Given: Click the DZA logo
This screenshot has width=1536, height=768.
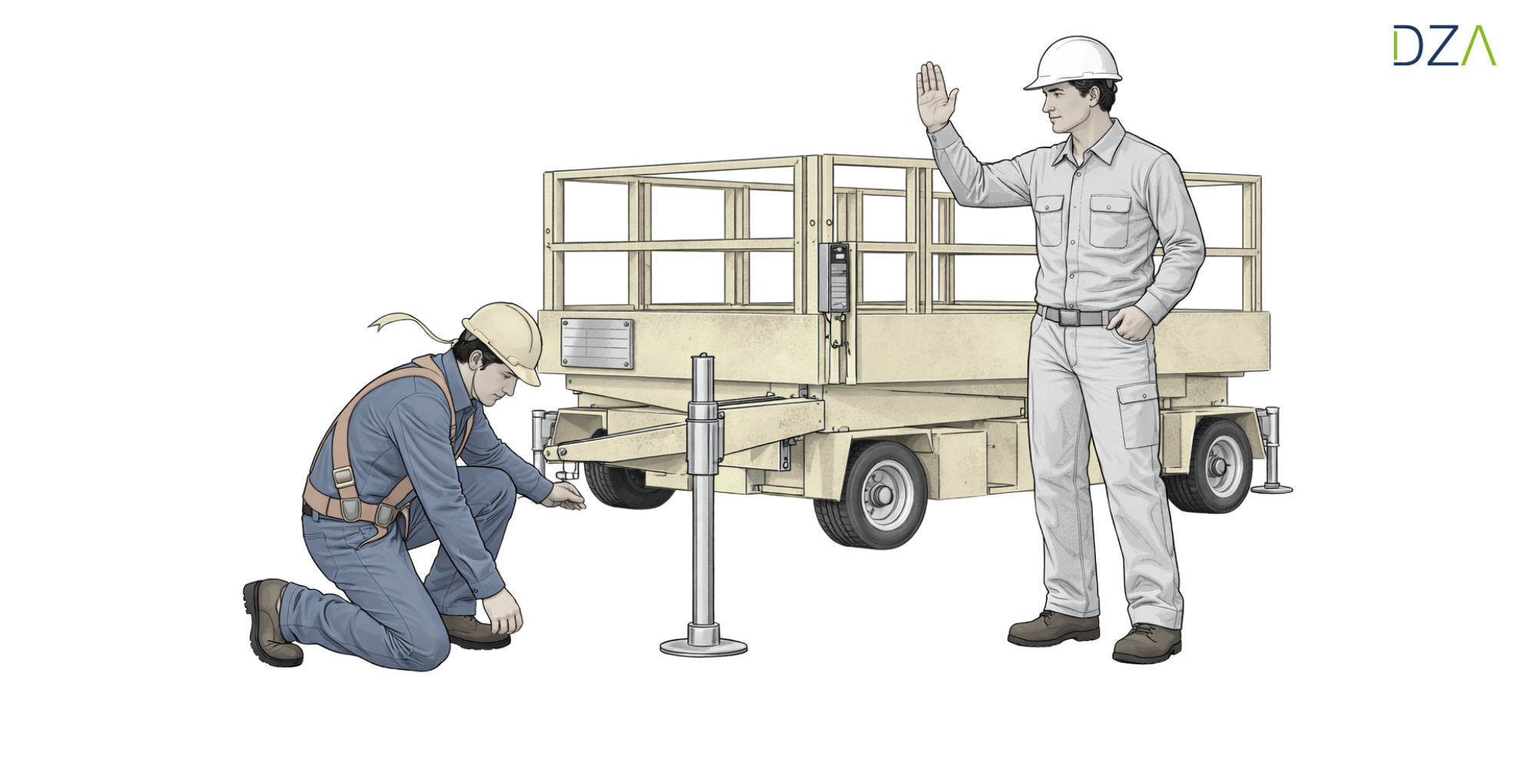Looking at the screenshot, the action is coord(1445,45).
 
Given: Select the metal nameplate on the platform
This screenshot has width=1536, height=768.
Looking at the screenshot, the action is coord(597,343).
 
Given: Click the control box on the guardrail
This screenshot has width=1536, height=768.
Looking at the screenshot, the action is coord(834,277).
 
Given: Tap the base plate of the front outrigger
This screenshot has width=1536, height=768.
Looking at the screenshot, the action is coord(703,647).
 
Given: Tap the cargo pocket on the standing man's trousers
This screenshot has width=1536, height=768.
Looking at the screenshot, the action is coord(1138,415).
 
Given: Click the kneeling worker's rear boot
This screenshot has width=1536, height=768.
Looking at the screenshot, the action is coord(270,622).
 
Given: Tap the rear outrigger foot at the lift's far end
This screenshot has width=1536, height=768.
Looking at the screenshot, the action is coord(1272,488).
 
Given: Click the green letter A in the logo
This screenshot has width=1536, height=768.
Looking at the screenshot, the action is coord(1479,45).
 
